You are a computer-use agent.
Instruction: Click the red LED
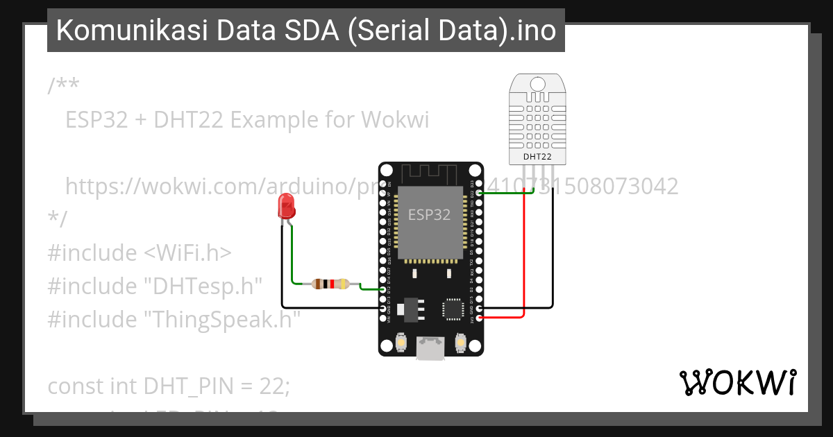coord(285,206)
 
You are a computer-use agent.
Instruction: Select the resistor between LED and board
coord(330,284)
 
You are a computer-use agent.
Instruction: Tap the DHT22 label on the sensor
coord(537,157)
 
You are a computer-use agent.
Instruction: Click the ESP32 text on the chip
coord(429,215)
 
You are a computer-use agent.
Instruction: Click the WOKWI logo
coord(738,382)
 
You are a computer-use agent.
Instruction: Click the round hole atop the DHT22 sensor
coord(537,85)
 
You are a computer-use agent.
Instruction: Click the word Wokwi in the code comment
coord(398,120)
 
